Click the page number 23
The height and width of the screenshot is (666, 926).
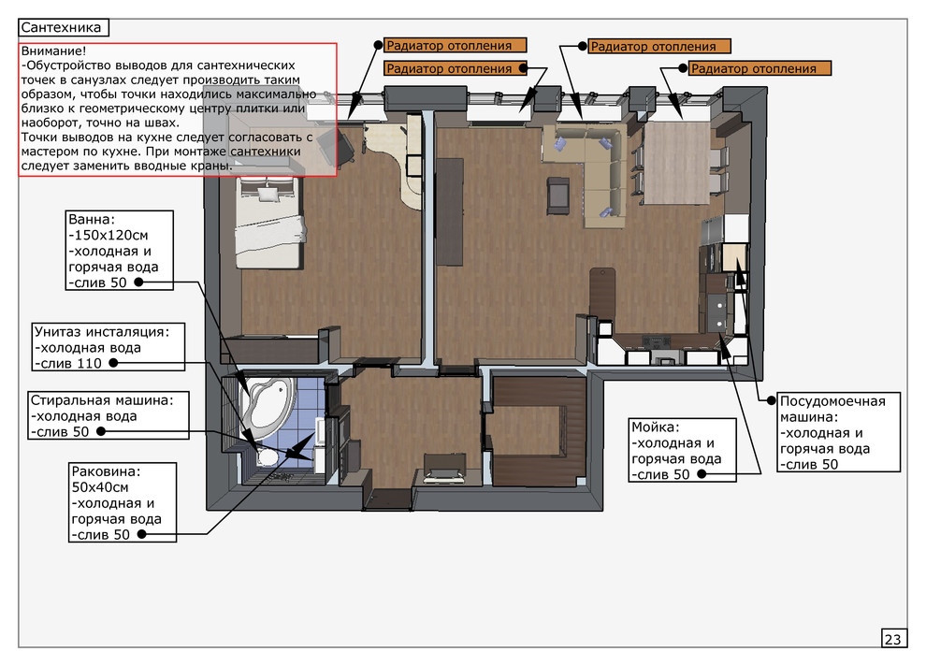tap(893, 639)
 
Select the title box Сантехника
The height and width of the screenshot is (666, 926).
tap(64, 27)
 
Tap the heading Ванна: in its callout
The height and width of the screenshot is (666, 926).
tap(92, 219)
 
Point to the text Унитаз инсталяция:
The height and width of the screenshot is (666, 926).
tap(102, 331)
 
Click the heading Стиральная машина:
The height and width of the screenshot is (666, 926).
tap(102, 399)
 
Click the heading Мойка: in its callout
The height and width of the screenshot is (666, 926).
tap(656, 427)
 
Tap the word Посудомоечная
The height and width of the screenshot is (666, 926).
tap(832, 401)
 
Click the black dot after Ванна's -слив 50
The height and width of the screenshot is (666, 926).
tap(138, 282)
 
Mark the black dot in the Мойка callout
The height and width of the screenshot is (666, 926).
tap(702, 473)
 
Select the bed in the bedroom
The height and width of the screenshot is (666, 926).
tap(271, 224)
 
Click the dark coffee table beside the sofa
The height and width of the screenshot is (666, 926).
tap(558, 195)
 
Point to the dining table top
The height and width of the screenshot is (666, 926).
tap(677, 162)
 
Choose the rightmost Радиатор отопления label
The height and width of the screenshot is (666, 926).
tap(760, 68)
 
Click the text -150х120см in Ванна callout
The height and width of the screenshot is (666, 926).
tap(109, 235)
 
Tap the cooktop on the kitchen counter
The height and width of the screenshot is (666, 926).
tap(657, 340)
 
